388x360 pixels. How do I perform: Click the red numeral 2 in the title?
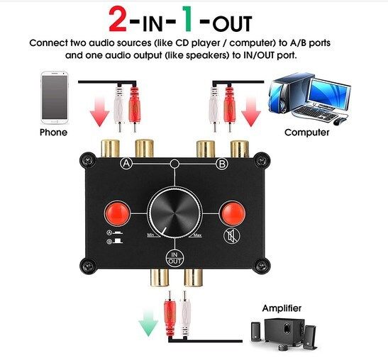118,19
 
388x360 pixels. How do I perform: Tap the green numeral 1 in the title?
187,19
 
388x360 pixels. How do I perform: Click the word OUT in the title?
232,23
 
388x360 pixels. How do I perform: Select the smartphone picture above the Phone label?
55,98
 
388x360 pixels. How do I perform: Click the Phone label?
53,133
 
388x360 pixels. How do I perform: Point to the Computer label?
307,133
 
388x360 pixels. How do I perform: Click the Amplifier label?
282,308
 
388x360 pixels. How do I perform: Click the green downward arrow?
148,323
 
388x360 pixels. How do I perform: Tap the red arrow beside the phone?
100,111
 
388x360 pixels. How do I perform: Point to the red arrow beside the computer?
251,111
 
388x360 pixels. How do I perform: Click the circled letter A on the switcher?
126,164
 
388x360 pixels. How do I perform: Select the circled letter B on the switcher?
222,164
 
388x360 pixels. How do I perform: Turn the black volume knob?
174,213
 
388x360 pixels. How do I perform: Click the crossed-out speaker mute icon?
232,236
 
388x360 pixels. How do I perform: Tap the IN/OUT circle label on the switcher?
174,258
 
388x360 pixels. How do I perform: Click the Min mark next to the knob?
150,235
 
